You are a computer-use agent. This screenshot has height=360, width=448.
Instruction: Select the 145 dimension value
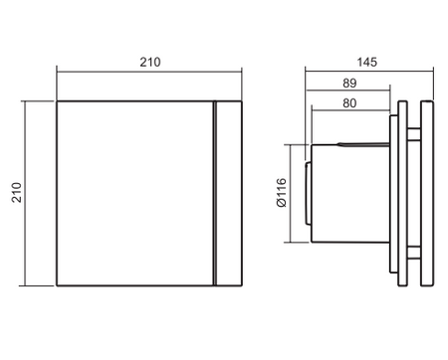[367, 61]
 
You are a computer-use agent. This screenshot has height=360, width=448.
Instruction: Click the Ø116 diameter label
[280, 192]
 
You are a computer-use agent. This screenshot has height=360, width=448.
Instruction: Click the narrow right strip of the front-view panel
[226, 193]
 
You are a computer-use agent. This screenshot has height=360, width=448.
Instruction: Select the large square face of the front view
[134, 193]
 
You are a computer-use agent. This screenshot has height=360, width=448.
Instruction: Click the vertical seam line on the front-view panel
[213, 193]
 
